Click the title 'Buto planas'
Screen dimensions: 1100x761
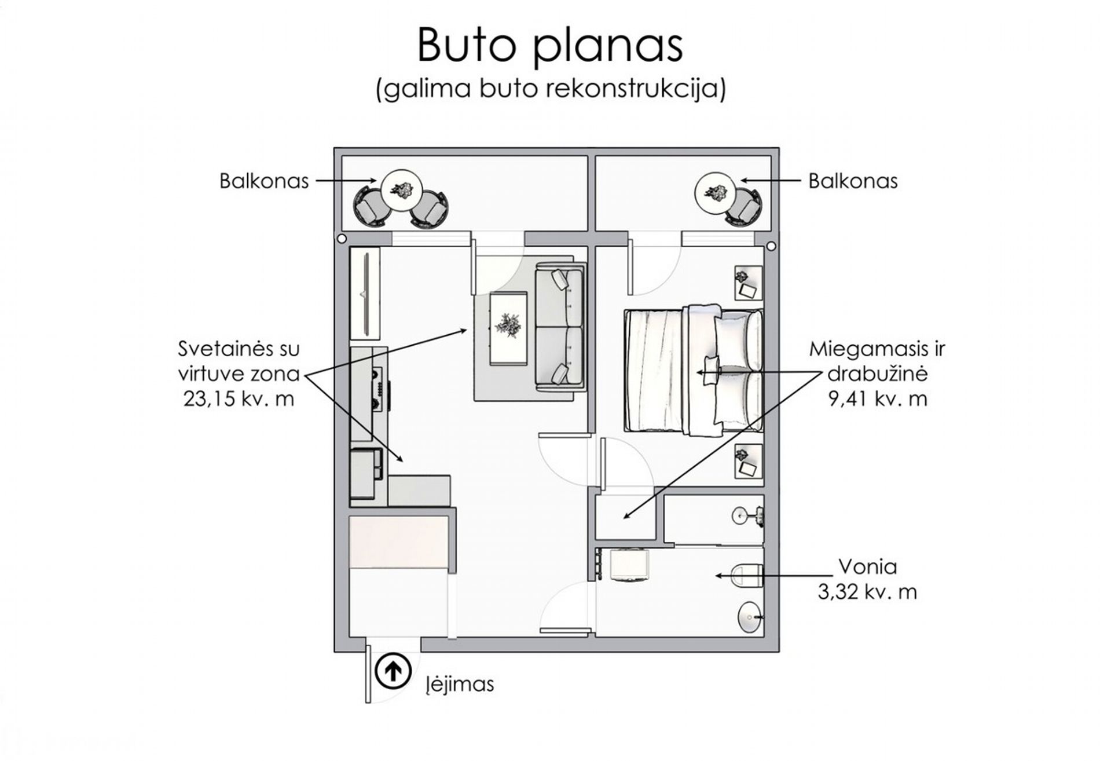[x=550, y=45]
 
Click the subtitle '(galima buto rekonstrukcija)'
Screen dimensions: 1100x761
[x=551, y=89]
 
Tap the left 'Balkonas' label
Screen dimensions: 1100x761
[x=264, y=181]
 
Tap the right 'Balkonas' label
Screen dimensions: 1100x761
[x=853, y=181]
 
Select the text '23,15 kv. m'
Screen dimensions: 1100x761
[x=239, y=398]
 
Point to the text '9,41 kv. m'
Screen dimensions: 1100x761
[x=878, y=398]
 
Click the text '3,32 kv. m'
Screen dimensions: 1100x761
[x=867, y=592]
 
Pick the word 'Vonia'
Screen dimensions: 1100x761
[x=868, y=566]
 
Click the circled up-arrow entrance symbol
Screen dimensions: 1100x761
[x=393, y=671]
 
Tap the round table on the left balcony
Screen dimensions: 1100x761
[x=401, y=191]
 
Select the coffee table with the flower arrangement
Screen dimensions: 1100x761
[x=508, y=328]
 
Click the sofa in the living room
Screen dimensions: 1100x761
[x=560, y=325]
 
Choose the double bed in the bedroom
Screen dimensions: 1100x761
[x=694, y=371]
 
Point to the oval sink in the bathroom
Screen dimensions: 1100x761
[x=750, y=617]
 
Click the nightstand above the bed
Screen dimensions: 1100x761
[x=749, y=283]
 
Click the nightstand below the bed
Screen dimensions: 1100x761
[x=749, y=461]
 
